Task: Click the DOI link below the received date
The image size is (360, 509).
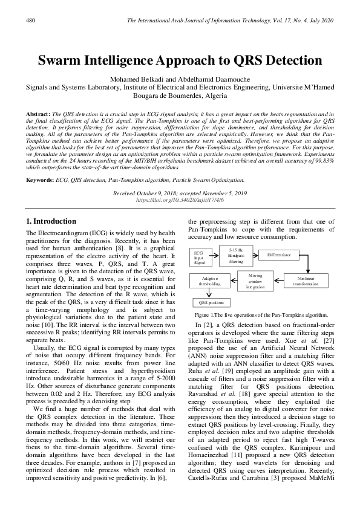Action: click(x=180, y=198)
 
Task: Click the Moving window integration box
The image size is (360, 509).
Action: click(x=244, y=280)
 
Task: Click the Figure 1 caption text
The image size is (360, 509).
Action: click(x=261, y=316)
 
